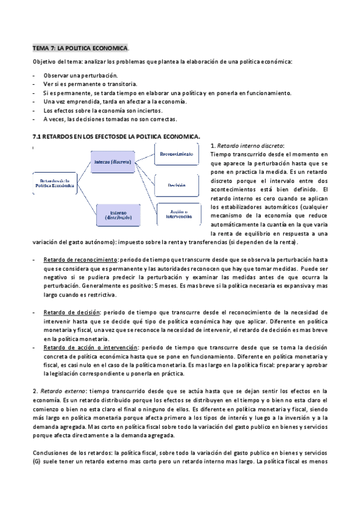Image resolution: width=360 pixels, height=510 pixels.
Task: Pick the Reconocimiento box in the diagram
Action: (x=176, y=155)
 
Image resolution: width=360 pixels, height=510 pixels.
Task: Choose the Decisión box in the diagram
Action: (x=176, y=185)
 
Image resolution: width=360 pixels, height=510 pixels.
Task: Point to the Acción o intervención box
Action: (x=176, y=215)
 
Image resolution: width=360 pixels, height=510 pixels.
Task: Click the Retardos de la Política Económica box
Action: (x=54, y=183)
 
